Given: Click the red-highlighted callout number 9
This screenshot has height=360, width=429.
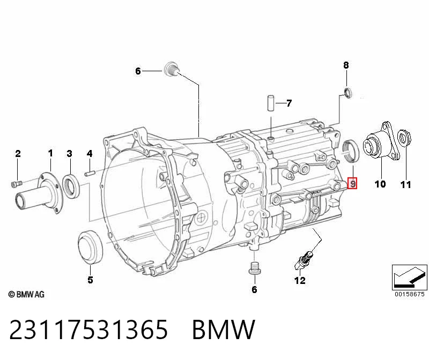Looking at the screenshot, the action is pyautogui.click(x=352, y=183).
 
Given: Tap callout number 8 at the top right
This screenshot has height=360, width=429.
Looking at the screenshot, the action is pyautogui.click(x=346, y=65).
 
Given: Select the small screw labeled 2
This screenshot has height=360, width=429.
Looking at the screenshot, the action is pyautogui.click(x=16, y=184).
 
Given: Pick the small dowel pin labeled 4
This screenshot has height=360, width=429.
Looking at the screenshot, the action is pyautogui.click(x=90, y=174).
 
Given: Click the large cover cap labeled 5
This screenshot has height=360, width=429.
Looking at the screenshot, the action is pyautogui.click(x=90, y=247).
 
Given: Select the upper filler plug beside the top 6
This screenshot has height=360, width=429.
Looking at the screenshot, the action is pyautogui.click(x=172, y=69).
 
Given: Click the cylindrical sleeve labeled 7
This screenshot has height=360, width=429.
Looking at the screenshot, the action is pyautogui.click(x=271, y=103).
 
